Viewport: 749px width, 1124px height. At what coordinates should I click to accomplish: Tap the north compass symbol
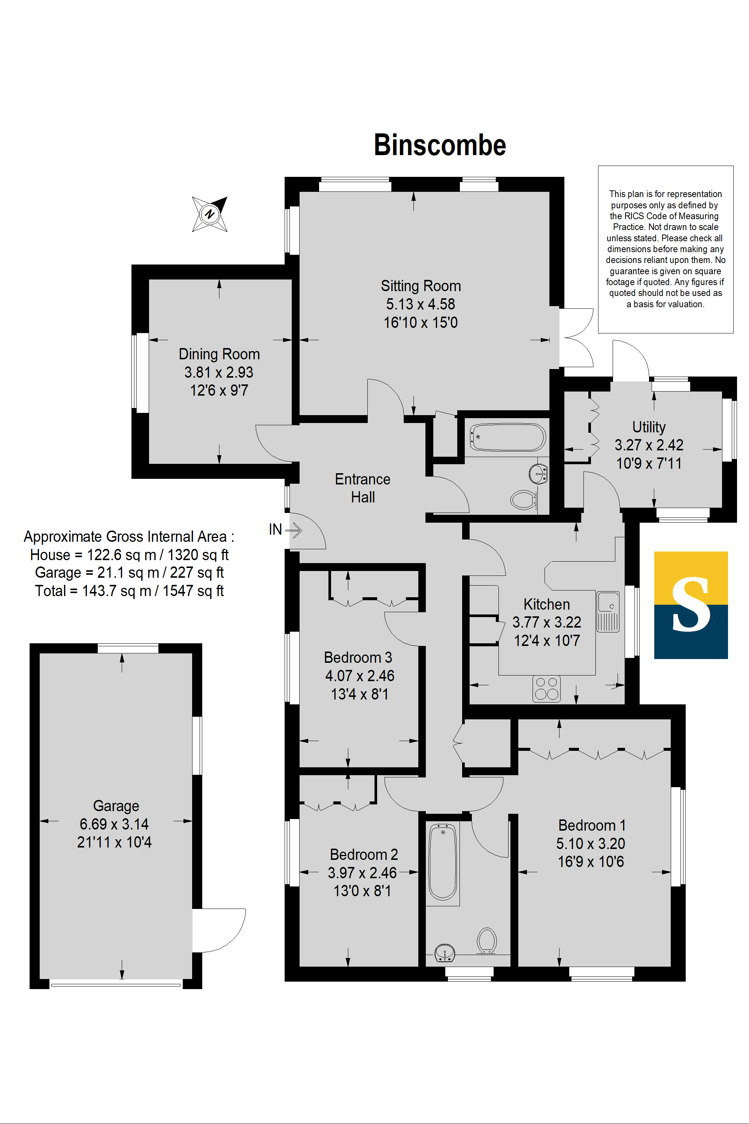click(210, 214)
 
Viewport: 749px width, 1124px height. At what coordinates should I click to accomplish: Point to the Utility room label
click(649, 427)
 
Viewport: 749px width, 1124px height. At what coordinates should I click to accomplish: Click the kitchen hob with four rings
click(546, 689)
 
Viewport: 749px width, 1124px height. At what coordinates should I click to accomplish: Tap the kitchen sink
click(607, 612)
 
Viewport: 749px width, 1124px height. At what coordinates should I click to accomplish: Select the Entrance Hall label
click(363, 488)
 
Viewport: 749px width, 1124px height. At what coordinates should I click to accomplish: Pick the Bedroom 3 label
click(358, 657)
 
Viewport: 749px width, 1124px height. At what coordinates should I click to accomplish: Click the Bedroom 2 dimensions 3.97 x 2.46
click(362, 873)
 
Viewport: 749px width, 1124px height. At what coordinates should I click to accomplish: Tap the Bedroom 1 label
click(592, 825)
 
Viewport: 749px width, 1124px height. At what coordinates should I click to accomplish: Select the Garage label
click(116, 806)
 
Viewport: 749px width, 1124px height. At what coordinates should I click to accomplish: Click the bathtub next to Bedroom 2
click(442, 862)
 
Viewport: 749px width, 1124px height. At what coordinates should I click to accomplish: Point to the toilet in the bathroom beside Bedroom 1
click(487, 940)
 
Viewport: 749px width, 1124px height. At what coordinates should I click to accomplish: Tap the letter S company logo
click(691, 605)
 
